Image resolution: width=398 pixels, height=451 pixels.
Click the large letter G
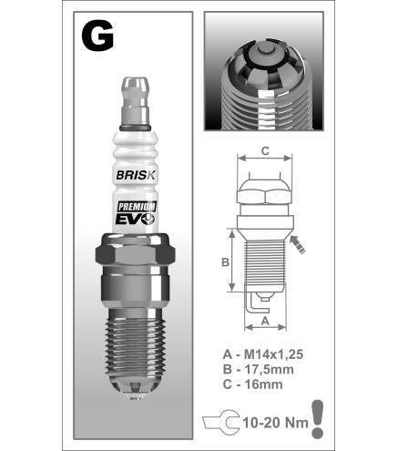pyautogui.click(x=97, y=36)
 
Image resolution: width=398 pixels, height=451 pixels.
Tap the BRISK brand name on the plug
pyautogui.click(x=136, y=175)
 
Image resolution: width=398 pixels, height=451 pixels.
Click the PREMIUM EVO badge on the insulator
pyautogui.click(x=136, y=213)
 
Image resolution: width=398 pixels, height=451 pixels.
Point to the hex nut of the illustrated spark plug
pyautogui.click(x=135, y=254)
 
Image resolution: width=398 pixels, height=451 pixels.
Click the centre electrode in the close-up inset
pyautogui.click(x=267, y=49)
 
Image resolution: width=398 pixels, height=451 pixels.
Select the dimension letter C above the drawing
pyautogui.click(x=265, y=151)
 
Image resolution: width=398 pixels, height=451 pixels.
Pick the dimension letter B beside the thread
pyautogui.click(x=225, y=262)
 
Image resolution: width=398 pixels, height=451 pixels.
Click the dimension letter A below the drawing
pyautogui.click(x=265, y=321)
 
